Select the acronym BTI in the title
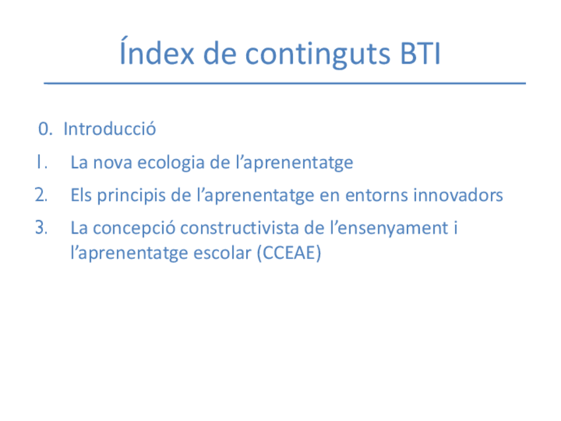pyautogui.click(x=420, y=54)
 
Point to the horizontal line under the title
pyautogui.click(x=284, y=83)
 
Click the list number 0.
pyautogui.click(x=45, y=129)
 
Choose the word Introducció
pyautogui.click(x=109, y=128)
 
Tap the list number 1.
pyautogui.click(x=42, y=162)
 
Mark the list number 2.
pyautogui.click(x=41, y=195)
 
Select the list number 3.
pyautogui.click(x=41, y=228)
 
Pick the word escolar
pyautogui.click(x=222, y=253)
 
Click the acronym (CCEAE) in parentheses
pyautogui.click(x=289, y=253)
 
